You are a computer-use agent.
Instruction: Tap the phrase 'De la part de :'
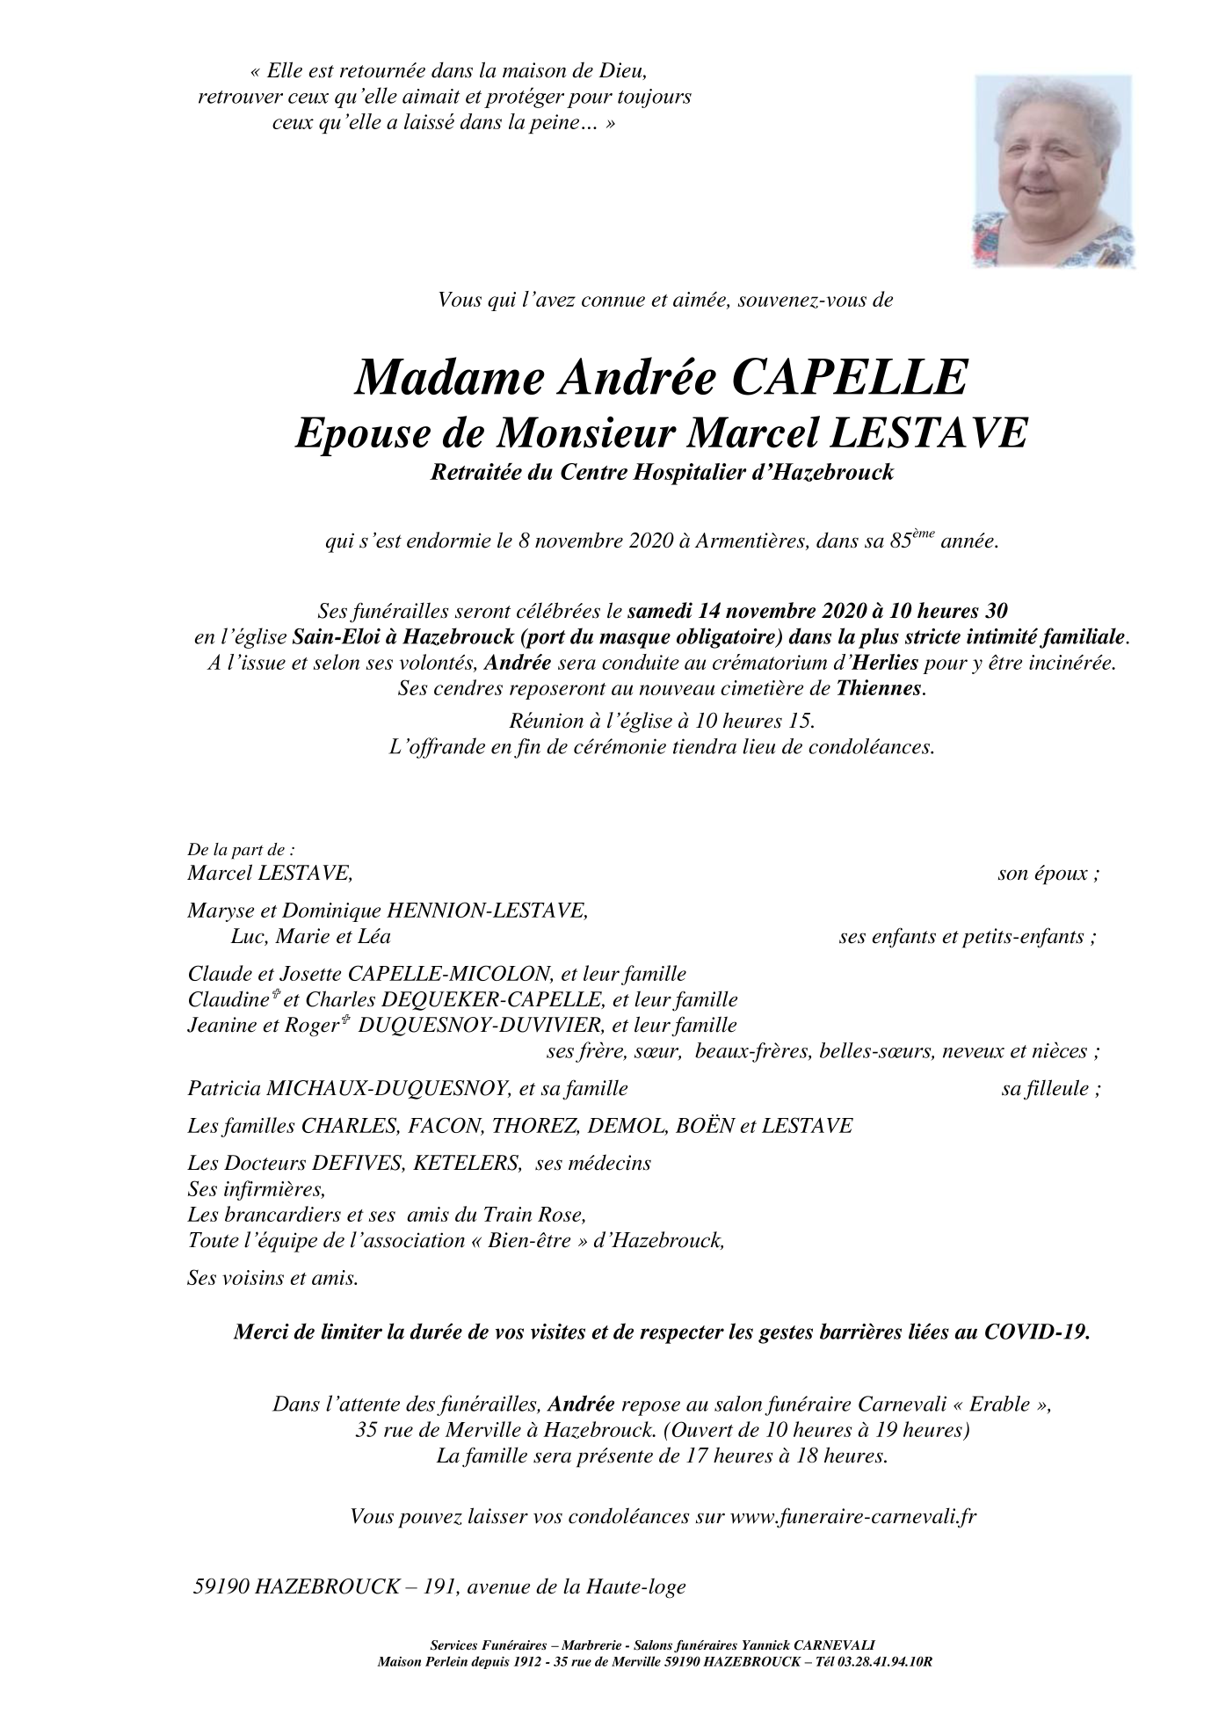(x=241, y=850)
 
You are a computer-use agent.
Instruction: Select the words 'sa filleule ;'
(x=1051, y=1089)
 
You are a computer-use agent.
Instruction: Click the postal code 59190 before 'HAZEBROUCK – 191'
(x=223, y=1587)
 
